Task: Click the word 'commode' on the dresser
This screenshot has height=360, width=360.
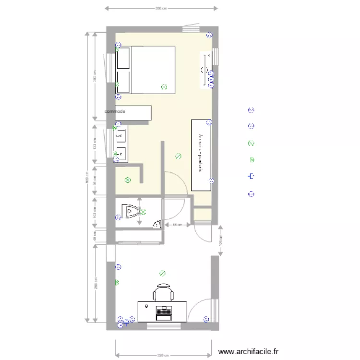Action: (115, 111)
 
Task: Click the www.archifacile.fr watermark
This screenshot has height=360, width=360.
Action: (248, 352)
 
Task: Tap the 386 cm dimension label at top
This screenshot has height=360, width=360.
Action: (161, 8)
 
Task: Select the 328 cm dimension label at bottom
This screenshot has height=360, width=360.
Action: (163, 356)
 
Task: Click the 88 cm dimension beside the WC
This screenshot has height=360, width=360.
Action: (176, 225)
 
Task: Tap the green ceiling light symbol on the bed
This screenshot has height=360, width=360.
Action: (164, 87)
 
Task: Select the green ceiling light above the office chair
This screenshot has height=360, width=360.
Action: (162, 274)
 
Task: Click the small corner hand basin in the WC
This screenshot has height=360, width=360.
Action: (157, 224)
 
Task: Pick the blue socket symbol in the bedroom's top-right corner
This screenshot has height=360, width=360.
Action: (209, 35)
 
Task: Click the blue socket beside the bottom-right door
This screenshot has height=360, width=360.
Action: (206, 319)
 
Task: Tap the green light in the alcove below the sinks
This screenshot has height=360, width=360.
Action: (127, 180)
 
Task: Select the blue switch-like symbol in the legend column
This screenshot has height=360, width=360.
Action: (251, 177)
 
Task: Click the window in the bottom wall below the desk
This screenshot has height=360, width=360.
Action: (164, 326)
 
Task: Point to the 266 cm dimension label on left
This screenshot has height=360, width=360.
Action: (96, 284)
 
